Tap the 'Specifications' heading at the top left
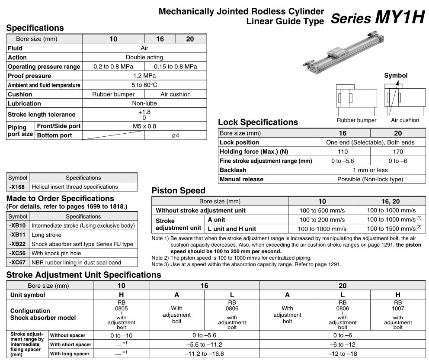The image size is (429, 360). click(35, 28)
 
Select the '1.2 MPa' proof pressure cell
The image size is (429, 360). click(144, 76)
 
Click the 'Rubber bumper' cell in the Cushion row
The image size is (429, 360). click(113, 94)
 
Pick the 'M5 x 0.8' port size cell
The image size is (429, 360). click(144, 126)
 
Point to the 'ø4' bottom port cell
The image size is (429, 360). click(175, 135)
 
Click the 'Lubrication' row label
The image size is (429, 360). click(25, 103)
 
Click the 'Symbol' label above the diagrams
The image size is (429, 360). click(396, 75)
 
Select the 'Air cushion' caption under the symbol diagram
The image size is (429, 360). click(405, 120)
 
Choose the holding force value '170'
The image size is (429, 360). click(398, 151)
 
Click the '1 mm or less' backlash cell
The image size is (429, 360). click(370, 170)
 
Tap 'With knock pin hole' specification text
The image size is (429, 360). click(56, 253)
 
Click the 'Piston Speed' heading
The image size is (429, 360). click(178, 191)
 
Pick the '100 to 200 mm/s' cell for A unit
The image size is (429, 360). click(322, 220)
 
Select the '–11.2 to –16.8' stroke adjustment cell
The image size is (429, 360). click(204, 354)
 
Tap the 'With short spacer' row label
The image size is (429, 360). click(70, 344)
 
